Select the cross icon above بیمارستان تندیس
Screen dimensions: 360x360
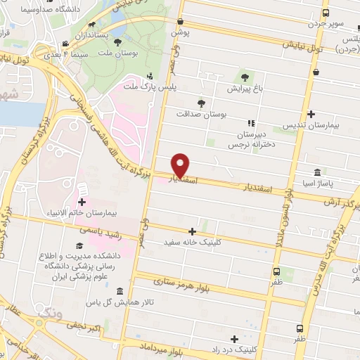pos(311,115)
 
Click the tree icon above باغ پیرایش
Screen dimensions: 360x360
pos(245,77)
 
